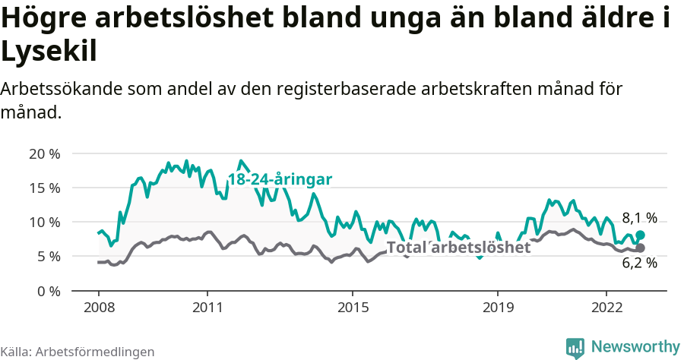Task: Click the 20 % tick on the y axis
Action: (44, 153)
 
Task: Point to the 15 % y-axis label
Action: (44, 188)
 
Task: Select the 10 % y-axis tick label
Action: (44, 222)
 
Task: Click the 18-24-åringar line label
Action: (280, 180)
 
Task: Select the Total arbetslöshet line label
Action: (458, 248)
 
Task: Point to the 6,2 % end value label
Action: (639, 263)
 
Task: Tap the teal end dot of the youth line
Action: (640, 235)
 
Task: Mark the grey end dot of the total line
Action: (640, 248)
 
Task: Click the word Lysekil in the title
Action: (49, 52)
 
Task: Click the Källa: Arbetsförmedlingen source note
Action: (78, 352)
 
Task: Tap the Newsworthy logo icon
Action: (575, 347)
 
